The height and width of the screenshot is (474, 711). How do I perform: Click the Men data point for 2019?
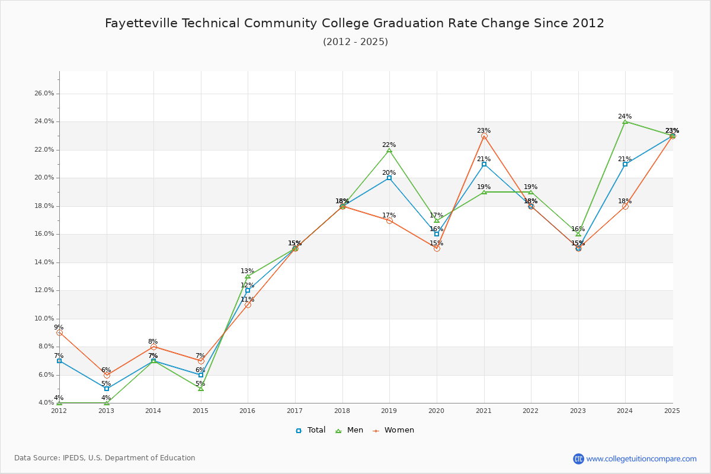pyautogui.click(x=389, y=150)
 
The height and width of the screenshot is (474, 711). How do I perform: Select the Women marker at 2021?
pyautogui.click(x=484, y=136)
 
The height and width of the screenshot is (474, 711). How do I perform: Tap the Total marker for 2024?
pyautogui.click(x=625, y=164)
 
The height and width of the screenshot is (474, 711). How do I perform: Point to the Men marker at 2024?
pyautogui.click(x=625, y=121)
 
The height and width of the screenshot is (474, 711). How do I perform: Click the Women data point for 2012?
pyautogui.click(x=59, y=333)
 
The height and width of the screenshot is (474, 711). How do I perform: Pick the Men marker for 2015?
pyautogui.click(x=201, y=389)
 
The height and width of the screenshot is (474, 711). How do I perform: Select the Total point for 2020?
pyautogui.click(x=437, y=234)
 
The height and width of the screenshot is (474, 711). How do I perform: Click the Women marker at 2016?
pyautogui.click(x=248, y=305)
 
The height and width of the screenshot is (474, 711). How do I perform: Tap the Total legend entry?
pyautogui.click(x=310, y=430)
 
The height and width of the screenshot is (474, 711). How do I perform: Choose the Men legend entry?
pyautogui.click(x=350, y=430)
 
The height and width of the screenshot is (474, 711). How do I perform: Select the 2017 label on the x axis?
pyautogui.click(x=294, y=410)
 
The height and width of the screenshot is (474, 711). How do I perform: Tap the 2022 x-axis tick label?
pyautogui.click(x=530, y=410)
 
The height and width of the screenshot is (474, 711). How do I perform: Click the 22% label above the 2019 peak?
pyautogui.click(x=389, y=145)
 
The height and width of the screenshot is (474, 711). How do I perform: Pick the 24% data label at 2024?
pyautogui.click(x=624, y=116)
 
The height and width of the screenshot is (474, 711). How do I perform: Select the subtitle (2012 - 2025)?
pyautogui.click(x=355, y=42)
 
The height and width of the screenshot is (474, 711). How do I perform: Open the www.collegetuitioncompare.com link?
pyautogui.click(x=641, y=459)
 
